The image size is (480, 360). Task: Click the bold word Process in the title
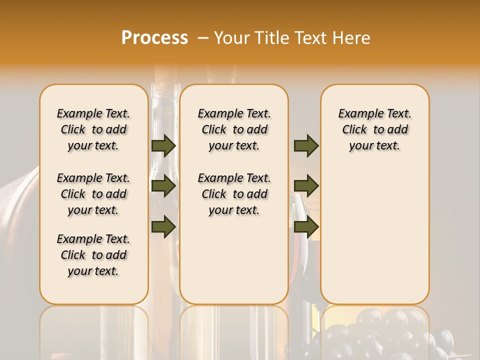(x=154, y=38)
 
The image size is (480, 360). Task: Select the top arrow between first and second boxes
(x=163, y=145)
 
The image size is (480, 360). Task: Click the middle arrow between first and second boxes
(x=163, y=186)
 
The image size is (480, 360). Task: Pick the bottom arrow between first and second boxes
(x=163, y=226)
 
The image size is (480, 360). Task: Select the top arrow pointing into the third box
(x=306, y=145)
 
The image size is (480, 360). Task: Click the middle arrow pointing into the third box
(x=306, y=186)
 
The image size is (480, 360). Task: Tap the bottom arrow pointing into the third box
(x=306, y=226)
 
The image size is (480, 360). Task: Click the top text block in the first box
(x=93, y=129)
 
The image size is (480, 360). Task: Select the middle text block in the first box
(x=93, y=194)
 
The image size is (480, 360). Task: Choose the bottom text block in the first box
(x=93, y=255)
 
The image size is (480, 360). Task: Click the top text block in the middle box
(x=234, y=129)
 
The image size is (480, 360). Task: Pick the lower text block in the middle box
(x=234, y=194)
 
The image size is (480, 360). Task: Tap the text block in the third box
(x=374, y=129)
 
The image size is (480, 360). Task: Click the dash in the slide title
(x=203, y=38)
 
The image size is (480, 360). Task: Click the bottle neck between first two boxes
(x=164, y=100)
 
